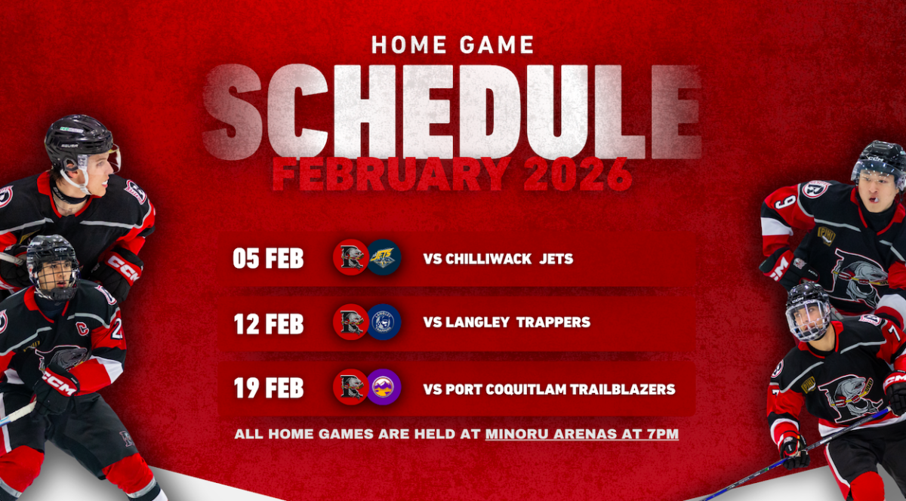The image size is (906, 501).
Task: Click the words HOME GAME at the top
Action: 452,45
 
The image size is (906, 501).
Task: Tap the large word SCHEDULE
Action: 451,112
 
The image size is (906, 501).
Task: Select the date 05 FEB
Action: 268,258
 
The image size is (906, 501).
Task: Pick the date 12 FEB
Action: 269,324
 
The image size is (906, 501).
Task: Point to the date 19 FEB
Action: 269,388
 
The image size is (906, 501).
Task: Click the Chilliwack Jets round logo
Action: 384,257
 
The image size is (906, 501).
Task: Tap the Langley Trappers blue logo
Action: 384,322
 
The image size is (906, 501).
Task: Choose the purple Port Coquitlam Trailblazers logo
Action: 384,387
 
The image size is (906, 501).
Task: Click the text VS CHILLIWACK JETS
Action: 498,259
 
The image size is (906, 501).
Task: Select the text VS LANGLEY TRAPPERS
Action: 507,322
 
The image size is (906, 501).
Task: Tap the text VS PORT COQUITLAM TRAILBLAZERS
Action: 550,389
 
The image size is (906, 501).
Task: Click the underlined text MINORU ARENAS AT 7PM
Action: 582,434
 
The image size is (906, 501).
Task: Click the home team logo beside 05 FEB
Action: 350,257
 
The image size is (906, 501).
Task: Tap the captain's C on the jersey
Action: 83,328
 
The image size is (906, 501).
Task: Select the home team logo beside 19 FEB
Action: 350,387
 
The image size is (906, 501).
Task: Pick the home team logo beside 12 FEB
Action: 350,322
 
